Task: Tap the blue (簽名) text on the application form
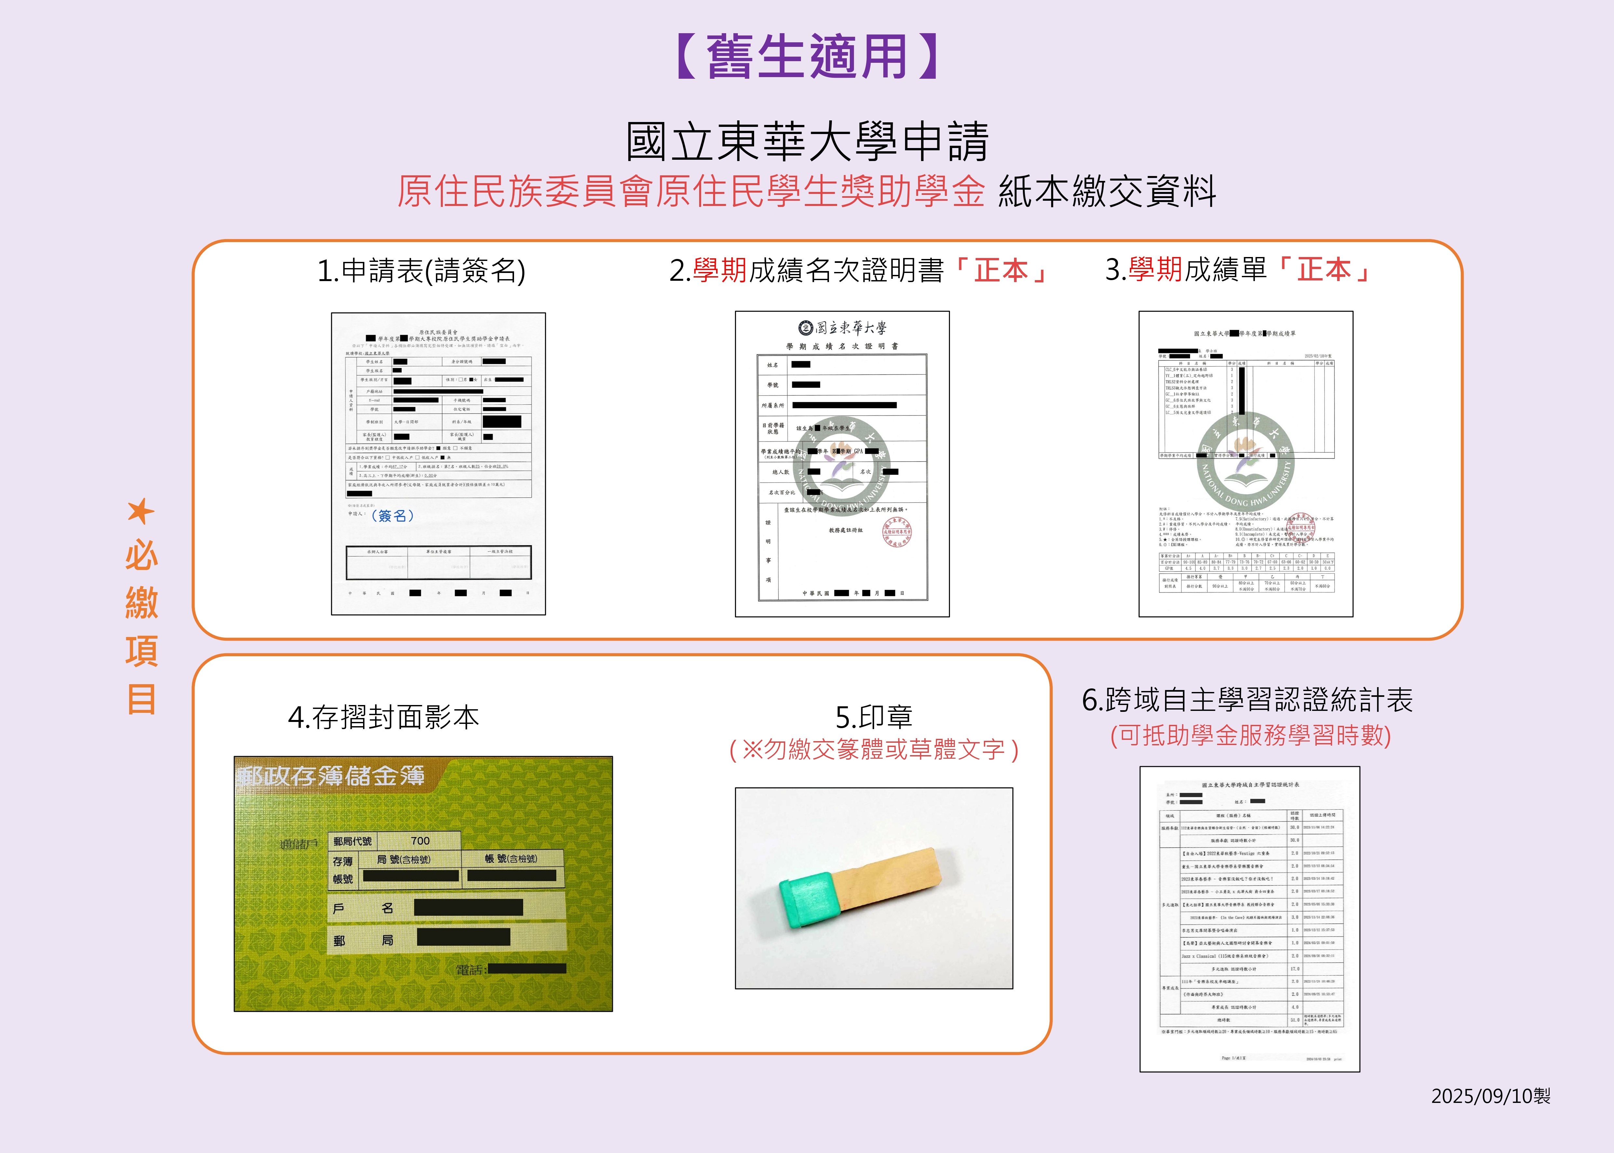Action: point(392,515)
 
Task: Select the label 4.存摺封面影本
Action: point(383,717)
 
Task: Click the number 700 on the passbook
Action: point(420,841)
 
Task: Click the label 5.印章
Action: point(874,717)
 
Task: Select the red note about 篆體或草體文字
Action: point(874,750)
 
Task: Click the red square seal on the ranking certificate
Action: point(896,532)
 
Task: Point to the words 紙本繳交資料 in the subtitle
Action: point(1107,192)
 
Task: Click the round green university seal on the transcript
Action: point(1246,461)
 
